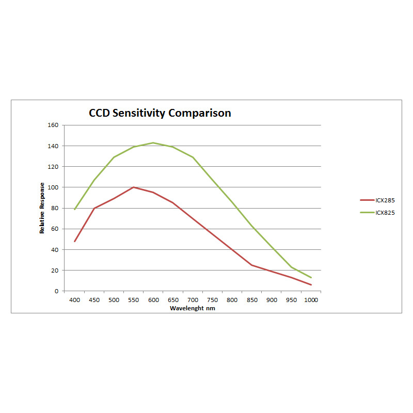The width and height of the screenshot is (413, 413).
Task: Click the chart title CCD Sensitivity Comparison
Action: tap(160, 113)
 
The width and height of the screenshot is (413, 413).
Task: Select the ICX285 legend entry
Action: tap(385, 200)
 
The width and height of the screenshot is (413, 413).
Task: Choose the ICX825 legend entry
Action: tap(385, 212)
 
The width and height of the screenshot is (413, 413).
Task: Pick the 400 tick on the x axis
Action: tap(74, 300)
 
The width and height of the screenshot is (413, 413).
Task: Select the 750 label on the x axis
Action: tap(212, 300)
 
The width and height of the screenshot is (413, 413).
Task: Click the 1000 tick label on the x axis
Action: tap(311, 300)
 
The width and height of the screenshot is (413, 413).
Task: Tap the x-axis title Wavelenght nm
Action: tap(192, 308)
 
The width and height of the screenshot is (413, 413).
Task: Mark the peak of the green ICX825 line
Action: tap(153, 142)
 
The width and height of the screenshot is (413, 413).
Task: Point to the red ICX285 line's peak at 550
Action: tap(134, 187)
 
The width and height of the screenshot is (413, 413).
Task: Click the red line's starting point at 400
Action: tap(74, 241)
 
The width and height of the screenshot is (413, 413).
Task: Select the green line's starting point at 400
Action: tap(74, 209)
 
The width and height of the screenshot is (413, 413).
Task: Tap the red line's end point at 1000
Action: tap(311, 285)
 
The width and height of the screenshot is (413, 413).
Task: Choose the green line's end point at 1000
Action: tap(311, 278)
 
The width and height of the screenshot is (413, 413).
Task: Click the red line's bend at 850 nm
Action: tap(252, 265)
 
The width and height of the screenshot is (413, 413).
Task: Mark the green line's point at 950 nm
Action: tap(291, 267)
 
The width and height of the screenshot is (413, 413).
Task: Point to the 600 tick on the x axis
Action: tap(153, 300)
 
